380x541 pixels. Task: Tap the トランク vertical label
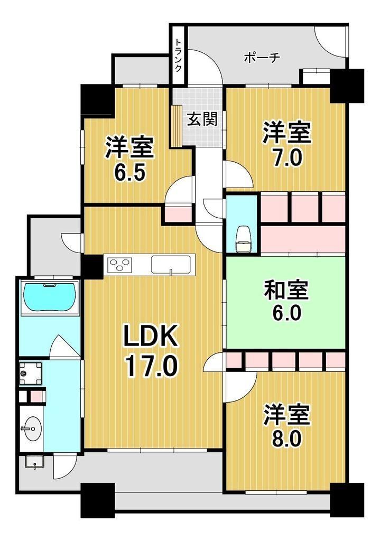tap(179, 55)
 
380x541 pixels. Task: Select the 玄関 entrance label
tap(202, 119)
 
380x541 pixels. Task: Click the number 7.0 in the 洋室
tap(288, 158)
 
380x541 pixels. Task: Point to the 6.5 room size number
tap(130, 173)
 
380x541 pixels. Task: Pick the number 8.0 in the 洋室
tap(288, 439)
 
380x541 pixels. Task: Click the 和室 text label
tap(286, 290)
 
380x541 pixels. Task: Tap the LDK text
tap(151, 336)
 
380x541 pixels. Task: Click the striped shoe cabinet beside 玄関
tap(177, 126)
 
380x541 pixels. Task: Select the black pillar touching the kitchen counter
tap(91, 267)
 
